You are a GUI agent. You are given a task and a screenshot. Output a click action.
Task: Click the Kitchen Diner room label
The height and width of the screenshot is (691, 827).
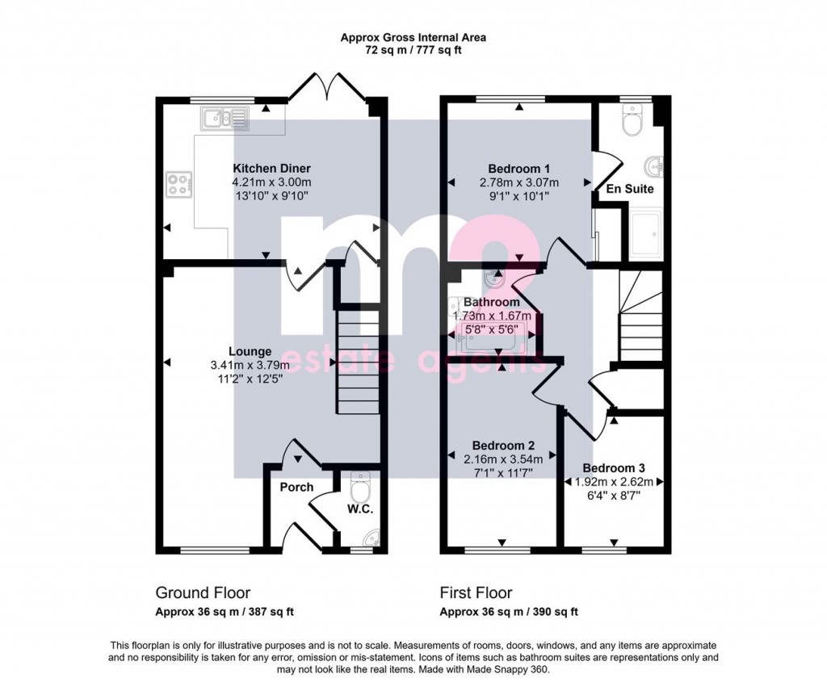[x=271, y=169]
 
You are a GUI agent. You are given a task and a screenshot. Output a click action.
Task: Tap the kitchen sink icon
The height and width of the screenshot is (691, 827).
[x=225, y=118]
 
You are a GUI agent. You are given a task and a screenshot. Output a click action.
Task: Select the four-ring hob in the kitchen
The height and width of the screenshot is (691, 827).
[x=179, y=185]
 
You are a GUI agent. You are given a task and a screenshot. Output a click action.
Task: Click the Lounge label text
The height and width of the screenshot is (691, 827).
[x=250, y=352]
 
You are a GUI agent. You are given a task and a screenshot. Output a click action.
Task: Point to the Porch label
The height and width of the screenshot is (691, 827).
[x=296, y=487]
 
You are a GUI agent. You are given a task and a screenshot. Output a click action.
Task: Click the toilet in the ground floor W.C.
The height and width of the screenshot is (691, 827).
[x=361, y=488]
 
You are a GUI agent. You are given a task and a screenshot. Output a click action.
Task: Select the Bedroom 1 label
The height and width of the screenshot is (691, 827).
[x=519, y=169]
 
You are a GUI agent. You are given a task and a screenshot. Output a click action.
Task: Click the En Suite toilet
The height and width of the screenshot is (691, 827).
[x=632, y=119]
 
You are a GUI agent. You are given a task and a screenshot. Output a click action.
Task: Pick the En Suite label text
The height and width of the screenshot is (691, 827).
[x=630, y=189]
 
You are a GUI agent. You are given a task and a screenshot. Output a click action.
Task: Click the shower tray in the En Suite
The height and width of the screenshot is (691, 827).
[x=646, y=235]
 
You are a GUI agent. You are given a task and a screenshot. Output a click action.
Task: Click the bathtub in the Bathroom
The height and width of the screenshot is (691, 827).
[x=489, y=338]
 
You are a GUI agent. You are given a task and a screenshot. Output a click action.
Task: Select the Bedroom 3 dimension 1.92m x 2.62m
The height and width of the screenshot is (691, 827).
[x=614, y=482]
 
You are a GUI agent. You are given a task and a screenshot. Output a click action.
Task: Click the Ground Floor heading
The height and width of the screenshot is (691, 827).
[x=203, y=593]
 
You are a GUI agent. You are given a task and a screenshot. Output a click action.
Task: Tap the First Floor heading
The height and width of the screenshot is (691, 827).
[x=476, y=593]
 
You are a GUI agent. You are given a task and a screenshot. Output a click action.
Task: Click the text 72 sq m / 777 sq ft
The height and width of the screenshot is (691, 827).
[x=413, y=51]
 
